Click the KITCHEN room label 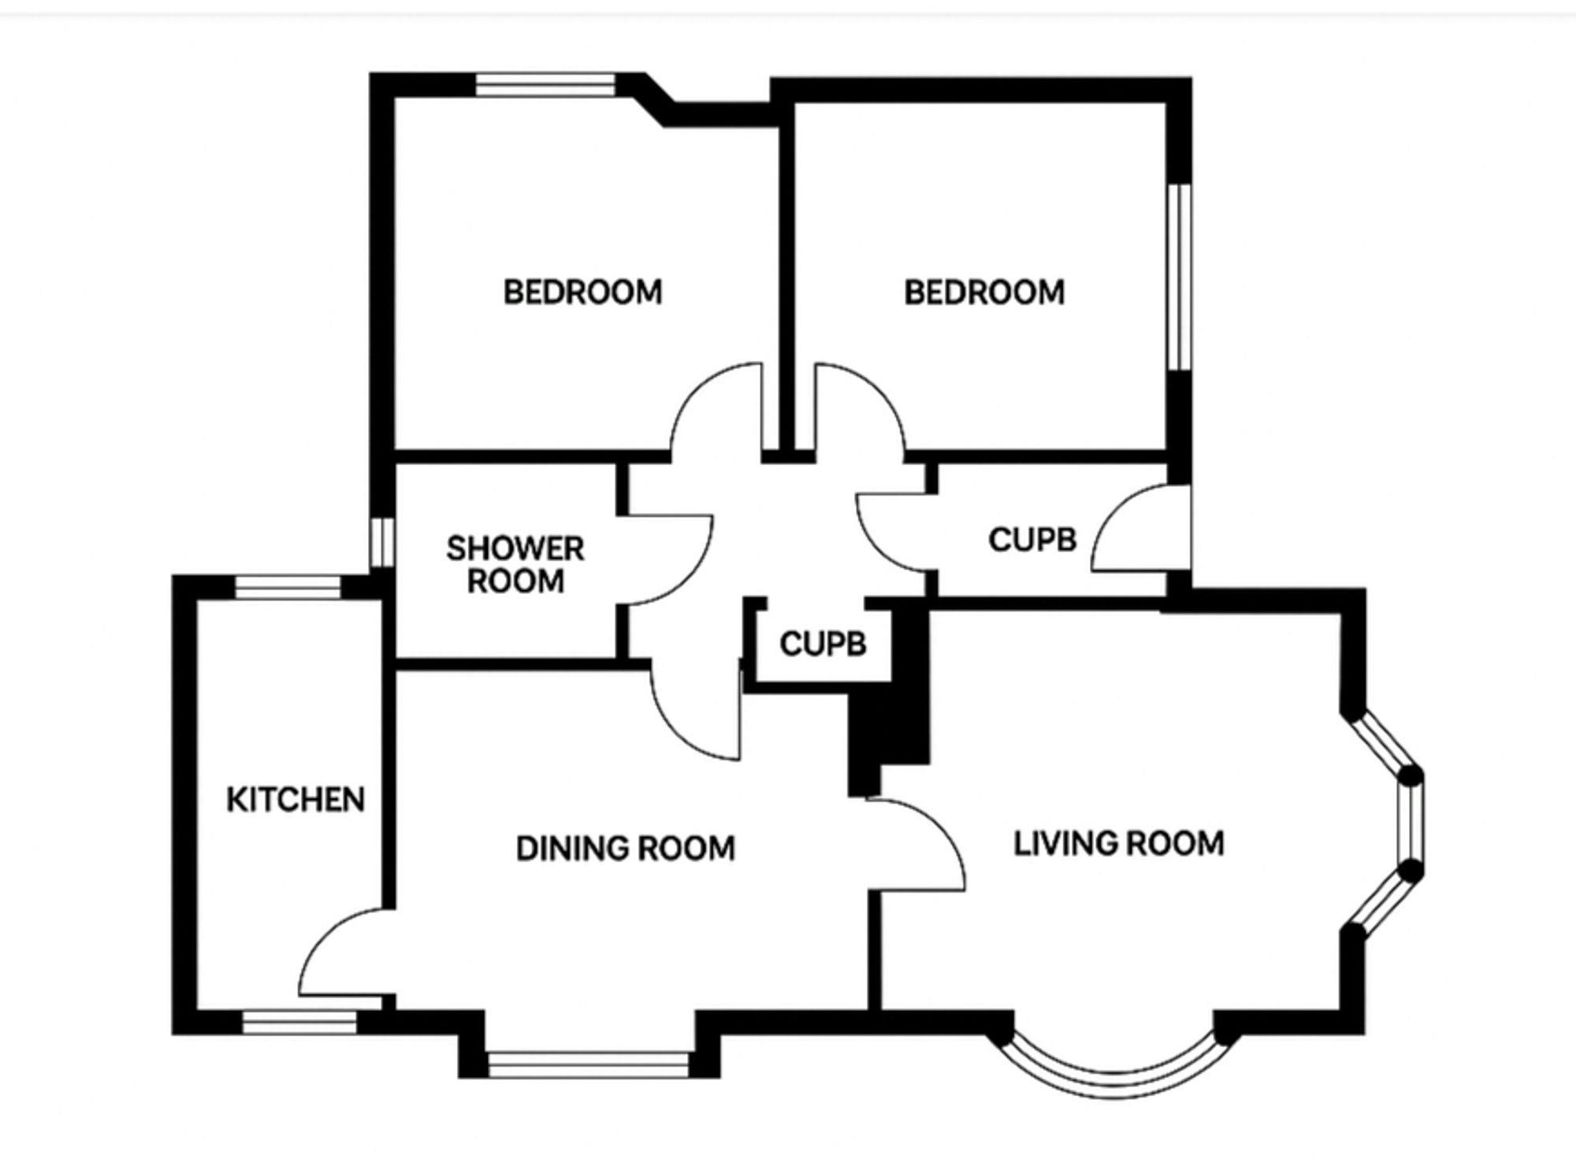pyautogui.click(x=295, y=800)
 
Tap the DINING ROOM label pyautogui.click(x=626, y=849)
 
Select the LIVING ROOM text pyautogui.click(x=1118, y=844)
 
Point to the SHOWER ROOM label pyautogui.click(x=515, y=565)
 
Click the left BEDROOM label pyautogui.click(x=583, y=292)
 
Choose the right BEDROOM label pyautogui.click(x=984, y=292)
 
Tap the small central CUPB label pyautogui.click(x=823, y=644)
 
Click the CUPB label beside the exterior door pyautogui.click(x=1032, y=540)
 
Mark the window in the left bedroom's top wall pyautogui.click(x=547, y=84)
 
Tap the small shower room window pyautogui.click(x=382, y=541)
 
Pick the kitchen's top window pyautogui.click(x=288, y=587)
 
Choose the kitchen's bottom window pyautogui.click(x=299, y=1023)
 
